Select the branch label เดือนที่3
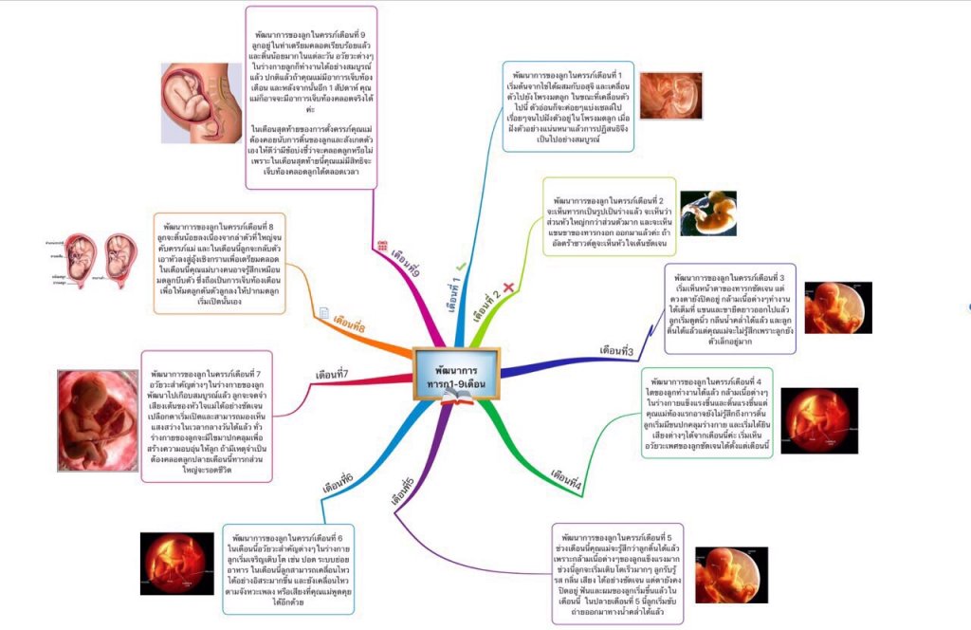pyautogui.click(x=616, y=351)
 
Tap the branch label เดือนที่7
pyautogui.click(x=333, y=373)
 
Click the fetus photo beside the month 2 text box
pyautogui.click(x=708, y=213)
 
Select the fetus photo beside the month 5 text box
pyautogui.click(x=731, y=574)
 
